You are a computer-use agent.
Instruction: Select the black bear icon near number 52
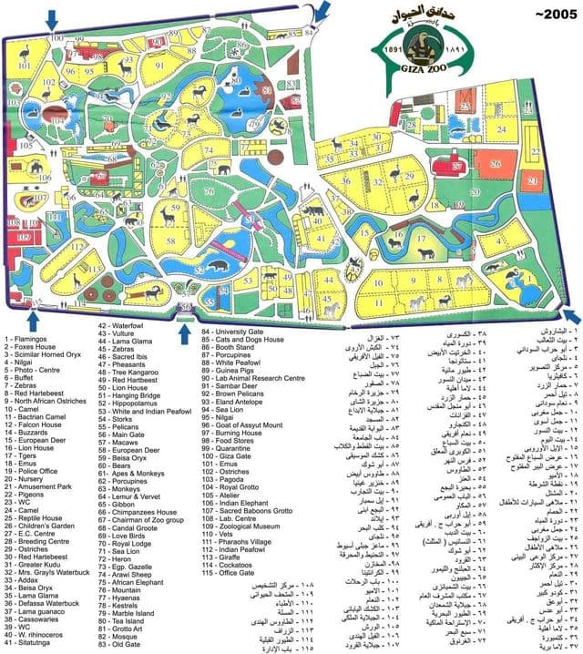218,267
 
